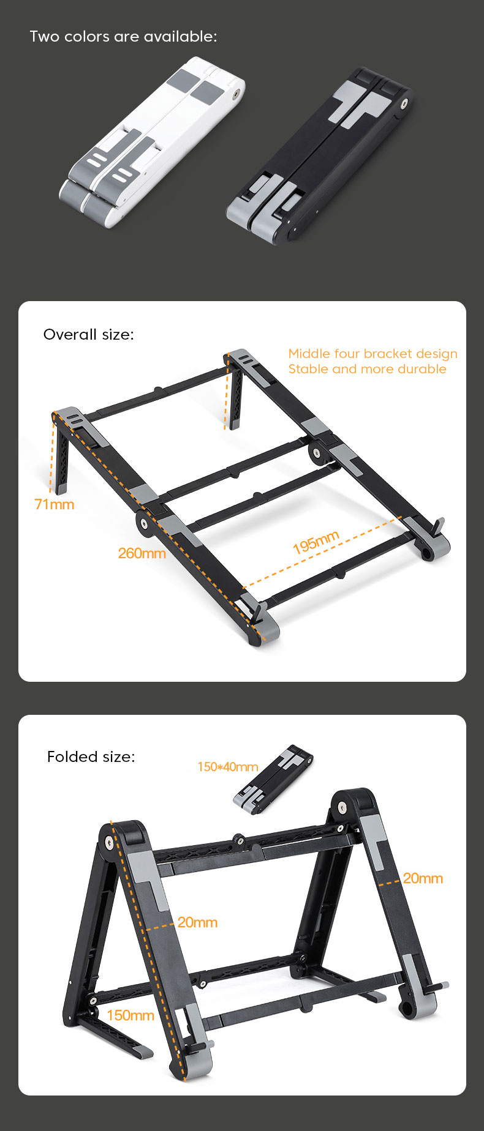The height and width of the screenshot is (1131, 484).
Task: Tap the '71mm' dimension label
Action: [x=55, y=504]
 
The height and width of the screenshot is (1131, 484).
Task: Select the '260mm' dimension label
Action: [x=142, y=553]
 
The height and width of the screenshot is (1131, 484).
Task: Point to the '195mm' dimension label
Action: [x=316, y=542]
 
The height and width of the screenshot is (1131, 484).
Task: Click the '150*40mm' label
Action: [x=227, y=767]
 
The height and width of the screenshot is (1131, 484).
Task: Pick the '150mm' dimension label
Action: [x=130, y=1015]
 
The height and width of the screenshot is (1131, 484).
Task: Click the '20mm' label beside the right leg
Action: [x=423, y=878]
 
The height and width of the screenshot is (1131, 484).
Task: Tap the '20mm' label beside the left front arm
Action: [x=197, y=922]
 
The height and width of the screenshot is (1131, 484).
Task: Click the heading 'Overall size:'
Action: [x=88, y=334]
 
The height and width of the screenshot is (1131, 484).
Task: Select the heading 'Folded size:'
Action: [x=91, y=756]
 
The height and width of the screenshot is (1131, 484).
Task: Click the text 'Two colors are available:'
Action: [x=123, y=37]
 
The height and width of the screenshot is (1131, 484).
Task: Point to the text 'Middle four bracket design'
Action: [x=372, y=354]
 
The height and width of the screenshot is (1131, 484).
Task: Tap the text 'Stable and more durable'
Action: [x=367, y=369]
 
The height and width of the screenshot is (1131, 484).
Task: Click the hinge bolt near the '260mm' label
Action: [x=143, y=523]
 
